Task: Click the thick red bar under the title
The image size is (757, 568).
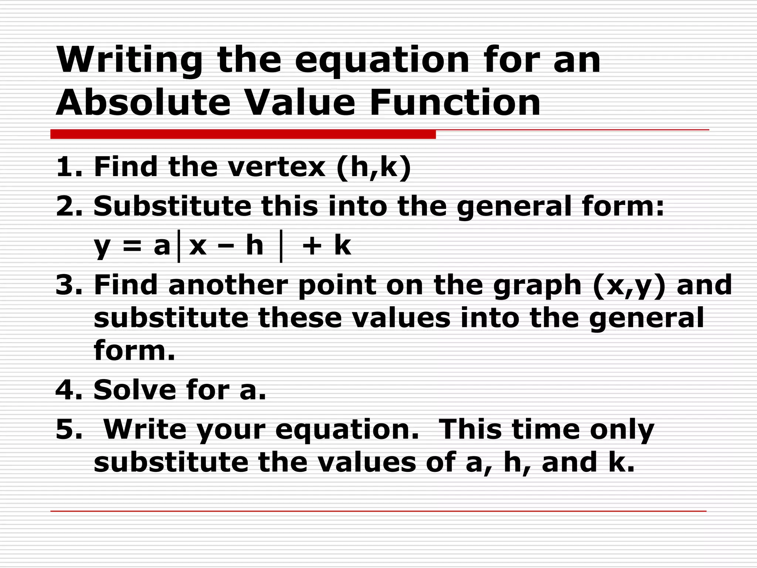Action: [243, 134]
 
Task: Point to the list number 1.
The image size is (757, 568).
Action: [67, 167]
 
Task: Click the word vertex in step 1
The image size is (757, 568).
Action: [276, 167]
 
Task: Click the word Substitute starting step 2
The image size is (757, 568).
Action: [172, 206]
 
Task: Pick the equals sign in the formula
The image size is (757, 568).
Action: [132, 246]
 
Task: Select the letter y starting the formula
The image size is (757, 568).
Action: [102, 247]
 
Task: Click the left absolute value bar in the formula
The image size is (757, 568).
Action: [179, 246]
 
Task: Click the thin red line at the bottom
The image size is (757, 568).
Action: [378, 511]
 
